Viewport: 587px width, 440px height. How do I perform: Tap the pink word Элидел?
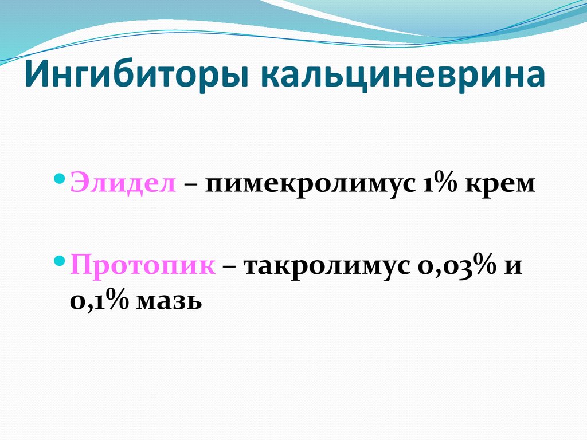click(123, 184)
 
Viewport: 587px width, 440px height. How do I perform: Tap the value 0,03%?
click(451, 267)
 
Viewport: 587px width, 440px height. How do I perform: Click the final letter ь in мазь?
click(195, 300)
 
